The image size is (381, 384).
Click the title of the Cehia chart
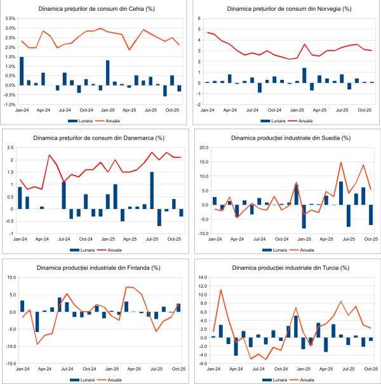pyautogui.click(x=95, y=9)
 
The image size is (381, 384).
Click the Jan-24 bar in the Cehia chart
pyautogui.click(x=22, y=71)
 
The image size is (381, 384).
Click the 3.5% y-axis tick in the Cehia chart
pyautogui.click(x=10, y=19)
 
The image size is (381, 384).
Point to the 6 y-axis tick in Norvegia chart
pyautogui.click(x=199, y=20)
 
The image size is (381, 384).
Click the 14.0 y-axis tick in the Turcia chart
pyautogui.click(x=201, y=278)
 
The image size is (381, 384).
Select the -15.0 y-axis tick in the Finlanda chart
pyautogui.click(x=11, y=364)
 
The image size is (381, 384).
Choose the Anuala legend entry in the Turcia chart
pyautogui.click(x=306, y=380)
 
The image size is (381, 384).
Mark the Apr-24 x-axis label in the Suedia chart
pyautogui.click(x=237, y=240)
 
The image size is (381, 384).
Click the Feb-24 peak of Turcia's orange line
pyautogui.click(x=220, y=290)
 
